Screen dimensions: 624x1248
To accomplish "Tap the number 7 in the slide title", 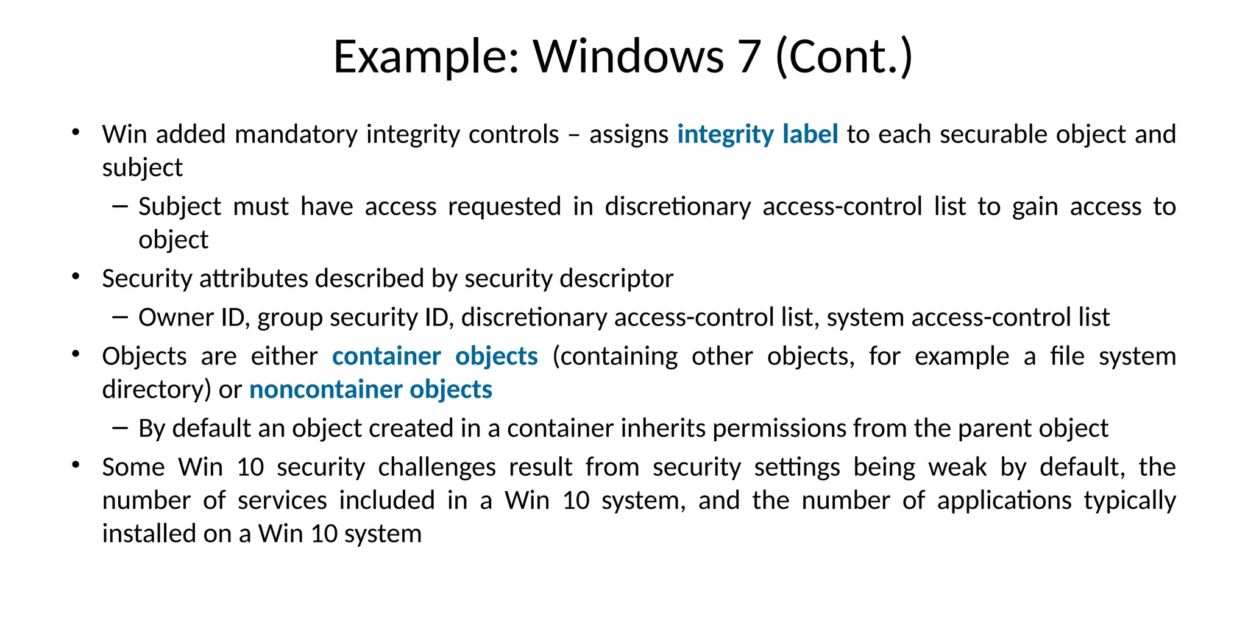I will (x=750, y=57).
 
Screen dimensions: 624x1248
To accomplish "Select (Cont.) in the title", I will (x=844, y=57).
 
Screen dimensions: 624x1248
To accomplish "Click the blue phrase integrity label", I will (x=757, y=135).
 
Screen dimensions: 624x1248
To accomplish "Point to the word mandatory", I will (x=296, y=135).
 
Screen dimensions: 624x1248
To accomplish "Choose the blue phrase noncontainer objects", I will (x=370, y=389).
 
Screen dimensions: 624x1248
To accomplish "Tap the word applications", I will (x=1004, y=500).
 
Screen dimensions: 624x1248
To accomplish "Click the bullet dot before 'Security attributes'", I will (x=76, y=277).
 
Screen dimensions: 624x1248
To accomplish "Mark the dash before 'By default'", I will (x=120, y=428).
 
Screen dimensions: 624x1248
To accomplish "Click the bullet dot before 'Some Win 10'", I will (x=76, y=466).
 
